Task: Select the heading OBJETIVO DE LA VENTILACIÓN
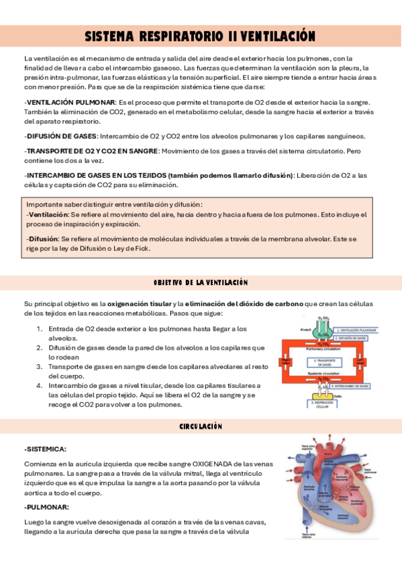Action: pos(201,282)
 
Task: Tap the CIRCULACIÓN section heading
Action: pos(201,427)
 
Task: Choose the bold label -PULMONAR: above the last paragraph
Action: pos(46,507)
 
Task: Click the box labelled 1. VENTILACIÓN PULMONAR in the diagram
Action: pos(356,331)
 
